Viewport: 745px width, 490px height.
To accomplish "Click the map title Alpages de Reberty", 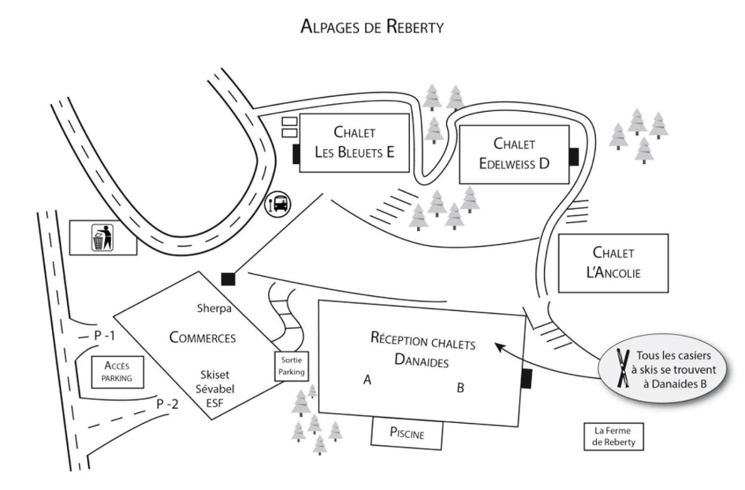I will coord(372,26).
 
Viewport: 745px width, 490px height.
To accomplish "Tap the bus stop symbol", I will coord(278,203).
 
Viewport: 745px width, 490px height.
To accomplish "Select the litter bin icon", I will coord(103,238).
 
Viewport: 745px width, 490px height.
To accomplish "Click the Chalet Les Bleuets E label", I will coord(354,142).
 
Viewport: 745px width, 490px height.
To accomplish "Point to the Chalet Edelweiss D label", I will coord(514,153).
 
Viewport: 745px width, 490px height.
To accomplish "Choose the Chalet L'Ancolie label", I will coord(613,263).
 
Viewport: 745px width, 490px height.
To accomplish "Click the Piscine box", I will coord(407,433).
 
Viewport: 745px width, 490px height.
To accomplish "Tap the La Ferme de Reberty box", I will coord(614,436).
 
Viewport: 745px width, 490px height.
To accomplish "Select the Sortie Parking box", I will coord(292,366).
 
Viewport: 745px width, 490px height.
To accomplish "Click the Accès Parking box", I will coord(117,372).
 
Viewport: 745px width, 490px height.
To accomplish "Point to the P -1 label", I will coord(104,336).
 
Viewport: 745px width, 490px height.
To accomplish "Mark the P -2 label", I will coord(168,404).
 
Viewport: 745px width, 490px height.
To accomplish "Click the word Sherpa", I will coord(214,308).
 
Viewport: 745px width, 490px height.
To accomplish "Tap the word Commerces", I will coord(202,338).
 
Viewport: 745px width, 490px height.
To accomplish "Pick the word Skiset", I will coord(215,375).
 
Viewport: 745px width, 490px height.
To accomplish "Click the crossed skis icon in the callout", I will coord(622,367).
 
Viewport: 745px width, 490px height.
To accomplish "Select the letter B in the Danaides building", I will coord(460,388).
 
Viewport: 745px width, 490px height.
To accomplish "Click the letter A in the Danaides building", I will coord(367,380).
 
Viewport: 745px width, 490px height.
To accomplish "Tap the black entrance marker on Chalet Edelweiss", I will coord(574,157).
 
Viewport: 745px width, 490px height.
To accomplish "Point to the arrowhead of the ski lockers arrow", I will coord(498,346).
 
